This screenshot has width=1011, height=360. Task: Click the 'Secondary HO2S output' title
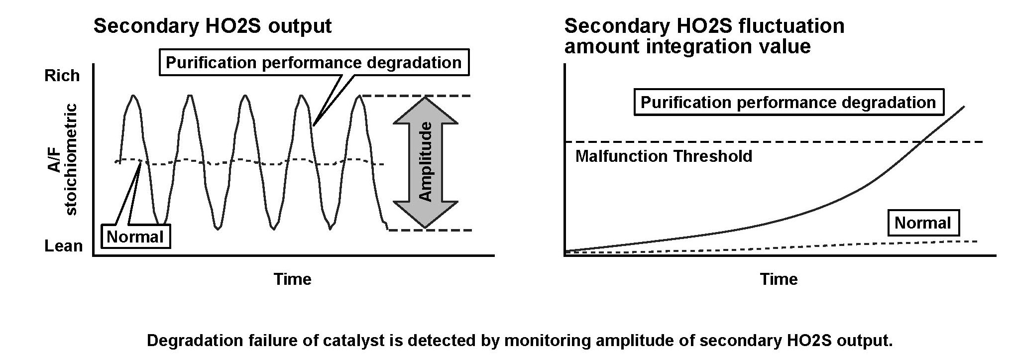point(212,26)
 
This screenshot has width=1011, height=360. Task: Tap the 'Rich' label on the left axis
point(62,76)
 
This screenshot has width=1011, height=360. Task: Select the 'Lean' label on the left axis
point(63,246)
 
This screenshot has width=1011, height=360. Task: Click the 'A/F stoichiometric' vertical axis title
point(63,159)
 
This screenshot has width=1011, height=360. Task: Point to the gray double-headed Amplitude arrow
point(425,161)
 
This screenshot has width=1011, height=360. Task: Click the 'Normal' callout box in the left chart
point(135,237)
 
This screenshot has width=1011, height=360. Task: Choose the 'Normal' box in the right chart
point(922,223)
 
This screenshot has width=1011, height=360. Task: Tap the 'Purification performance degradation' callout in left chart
point(313,62)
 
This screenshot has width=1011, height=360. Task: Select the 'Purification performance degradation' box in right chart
point(787,102)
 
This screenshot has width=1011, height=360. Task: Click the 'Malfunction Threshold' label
point(664,156)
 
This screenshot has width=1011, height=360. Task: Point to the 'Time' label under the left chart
point(292,279)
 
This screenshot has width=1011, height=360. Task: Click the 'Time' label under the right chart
point(779,279)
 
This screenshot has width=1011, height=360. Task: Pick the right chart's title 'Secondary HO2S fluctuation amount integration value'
point(704,36)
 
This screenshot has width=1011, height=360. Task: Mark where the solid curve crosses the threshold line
point(922,142)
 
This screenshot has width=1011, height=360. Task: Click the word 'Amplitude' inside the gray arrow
point(425,161)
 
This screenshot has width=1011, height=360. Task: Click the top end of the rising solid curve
point(965,106)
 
